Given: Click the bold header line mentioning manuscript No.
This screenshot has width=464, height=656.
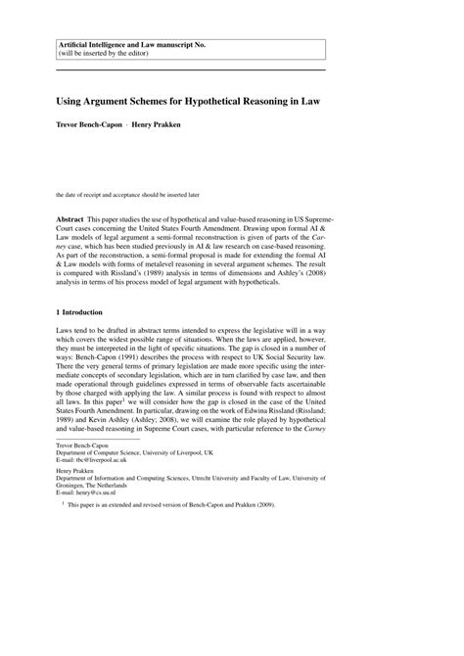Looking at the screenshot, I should pyautogui.click(x=132, y=44).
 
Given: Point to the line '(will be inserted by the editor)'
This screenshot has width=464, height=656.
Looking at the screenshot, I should pyautogui.click(x=111, y=55).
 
